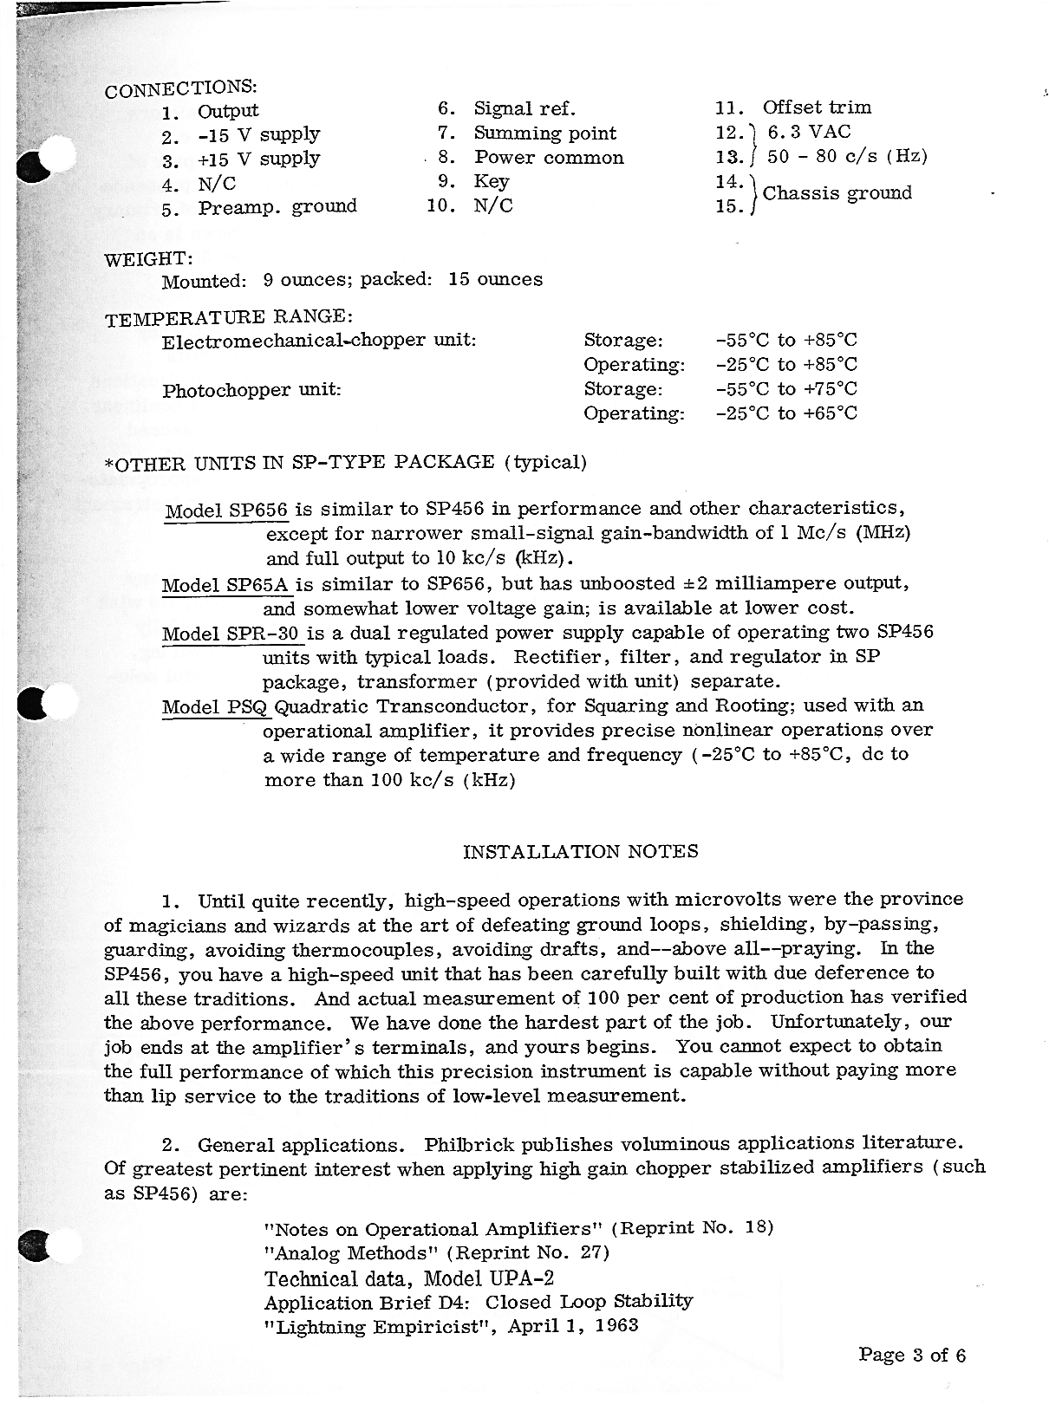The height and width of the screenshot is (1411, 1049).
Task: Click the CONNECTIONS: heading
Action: click(180, 88)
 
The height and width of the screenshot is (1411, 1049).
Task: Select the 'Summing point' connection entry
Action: click(544, 133)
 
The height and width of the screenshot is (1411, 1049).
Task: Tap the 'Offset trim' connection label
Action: click(817, 107)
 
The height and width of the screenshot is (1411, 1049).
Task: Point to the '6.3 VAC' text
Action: click(809, 132)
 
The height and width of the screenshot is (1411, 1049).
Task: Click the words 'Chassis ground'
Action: click(837, 192)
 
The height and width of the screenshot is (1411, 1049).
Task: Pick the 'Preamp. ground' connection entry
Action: click(277, 207)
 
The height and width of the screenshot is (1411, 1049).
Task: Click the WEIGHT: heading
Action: click(148, 259)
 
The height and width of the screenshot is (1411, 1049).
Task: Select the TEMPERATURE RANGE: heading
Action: click(228, 318)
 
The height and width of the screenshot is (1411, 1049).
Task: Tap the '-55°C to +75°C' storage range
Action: click(786, 389)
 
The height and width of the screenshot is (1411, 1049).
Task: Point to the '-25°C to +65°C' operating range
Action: click(786, 413)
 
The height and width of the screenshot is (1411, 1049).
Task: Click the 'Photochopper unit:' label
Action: click(251, 390)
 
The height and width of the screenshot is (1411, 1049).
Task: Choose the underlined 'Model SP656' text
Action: click(226, 510)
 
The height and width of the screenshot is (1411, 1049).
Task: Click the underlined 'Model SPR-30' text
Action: click(231, 634)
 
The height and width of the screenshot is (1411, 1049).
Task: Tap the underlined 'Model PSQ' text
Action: click(217, 707)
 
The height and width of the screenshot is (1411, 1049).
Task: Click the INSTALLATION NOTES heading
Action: click(581, 852)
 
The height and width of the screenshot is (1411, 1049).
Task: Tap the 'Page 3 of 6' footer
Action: click(911, 1356)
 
